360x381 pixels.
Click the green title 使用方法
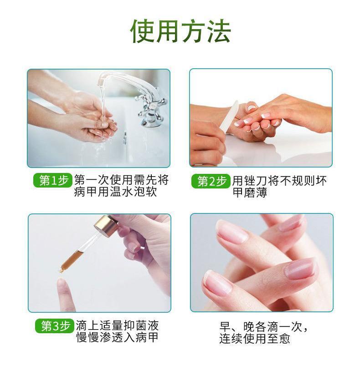[180, 31]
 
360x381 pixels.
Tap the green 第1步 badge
[52, 180]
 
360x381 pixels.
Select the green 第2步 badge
[211, 181]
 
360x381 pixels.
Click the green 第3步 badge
[55, 325]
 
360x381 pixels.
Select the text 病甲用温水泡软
[116, 192]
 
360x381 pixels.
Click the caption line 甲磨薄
[250, 193]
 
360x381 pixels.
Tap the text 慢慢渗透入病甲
[118, 337]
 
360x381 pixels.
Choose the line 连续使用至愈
[254, 338]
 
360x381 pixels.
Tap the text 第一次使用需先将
[121, 180]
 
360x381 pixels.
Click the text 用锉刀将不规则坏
[279, 181]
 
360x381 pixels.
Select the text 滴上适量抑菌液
[117, 325]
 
